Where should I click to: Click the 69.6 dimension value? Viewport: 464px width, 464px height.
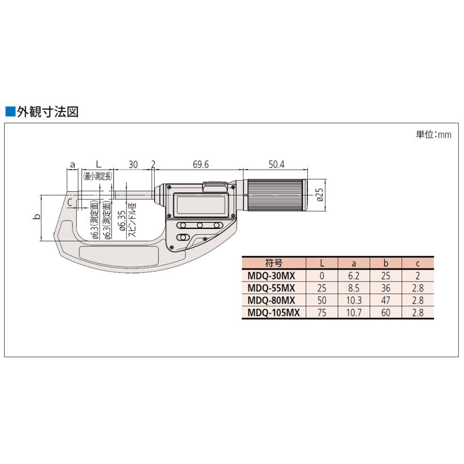coord(201,164)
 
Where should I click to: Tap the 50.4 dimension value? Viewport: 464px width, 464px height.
coord(276,164)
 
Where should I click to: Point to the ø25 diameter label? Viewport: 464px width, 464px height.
coord(320,195)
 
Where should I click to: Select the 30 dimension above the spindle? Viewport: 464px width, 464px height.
coord(133,164)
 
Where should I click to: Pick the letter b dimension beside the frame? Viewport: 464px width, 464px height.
coord(37,217)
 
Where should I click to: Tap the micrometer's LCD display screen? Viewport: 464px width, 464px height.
coord(201,205)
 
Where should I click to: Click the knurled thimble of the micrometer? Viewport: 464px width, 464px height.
coord(276,195)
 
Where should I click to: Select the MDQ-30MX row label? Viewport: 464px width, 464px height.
coord(271,276)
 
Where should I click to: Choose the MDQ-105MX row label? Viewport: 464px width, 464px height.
coord(273,312)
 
